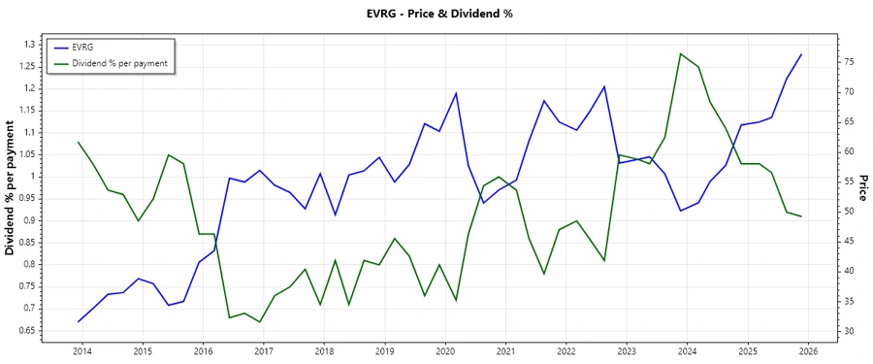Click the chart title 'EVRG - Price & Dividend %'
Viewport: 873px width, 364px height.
pyautogui.click(x=436, y=14)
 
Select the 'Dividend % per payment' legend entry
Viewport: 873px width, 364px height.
pyautogui.click(x=119, y=63)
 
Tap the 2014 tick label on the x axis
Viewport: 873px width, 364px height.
pyautogui.click(x=81, y=350)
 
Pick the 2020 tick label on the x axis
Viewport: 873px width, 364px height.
pyautogui.click(x=445, y=350)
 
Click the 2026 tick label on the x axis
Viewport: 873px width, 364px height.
pyautogui.click(x=809, y=350)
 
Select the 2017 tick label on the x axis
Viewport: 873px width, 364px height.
pyautogui.click(x=263, y=350)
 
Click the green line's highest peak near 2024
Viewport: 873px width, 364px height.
pyautogui.click(x=680, y=53)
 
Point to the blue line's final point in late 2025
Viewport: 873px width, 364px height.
pyautogui.click(x=801, y=54)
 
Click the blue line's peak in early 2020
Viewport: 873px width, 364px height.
pyautogui.click(x=456, y=93)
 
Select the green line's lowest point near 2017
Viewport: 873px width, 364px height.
pyautogui.click(x=260, y=322)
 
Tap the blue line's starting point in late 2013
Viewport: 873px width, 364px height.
pyautogui.click(x=79, y=321)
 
